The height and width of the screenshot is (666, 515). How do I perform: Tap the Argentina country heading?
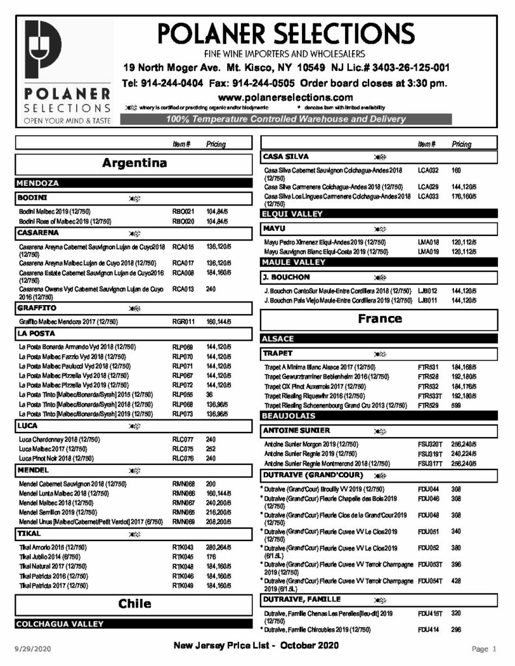pos(134,163)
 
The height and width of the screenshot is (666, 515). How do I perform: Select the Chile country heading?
pos(134,604)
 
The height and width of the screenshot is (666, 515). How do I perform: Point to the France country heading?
pos(380,319)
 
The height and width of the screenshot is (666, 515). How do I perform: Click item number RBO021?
pos(183,212)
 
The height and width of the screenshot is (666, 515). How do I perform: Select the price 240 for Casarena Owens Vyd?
pos(211,289)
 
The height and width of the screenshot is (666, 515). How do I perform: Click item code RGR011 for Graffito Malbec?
pos(183,321)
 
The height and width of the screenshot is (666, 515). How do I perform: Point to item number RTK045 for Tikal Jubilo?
pos(183,557)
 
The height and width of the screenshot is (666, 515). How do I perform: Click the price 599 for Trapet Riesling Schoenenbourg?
pos(457,405)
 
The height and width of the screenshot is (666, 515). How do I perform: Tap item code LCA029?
pos(428,187)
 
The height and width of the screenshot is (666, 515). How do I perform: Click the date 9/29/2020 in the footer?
pos(33,648)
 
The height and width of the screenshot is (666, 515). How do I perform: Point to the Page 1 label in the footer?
pos(484,648)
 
